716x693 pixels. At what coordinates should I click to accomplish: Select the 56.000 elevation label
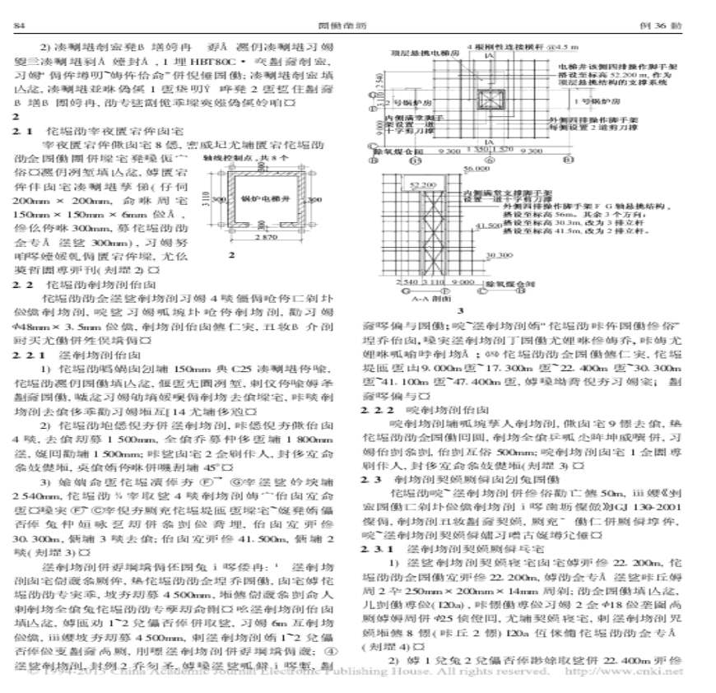[x=477, y=170]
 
